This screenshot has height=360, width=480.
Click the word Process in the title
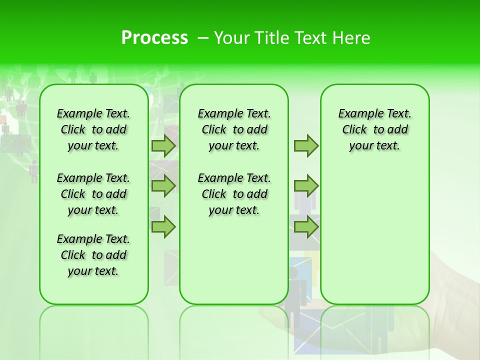[154, 38]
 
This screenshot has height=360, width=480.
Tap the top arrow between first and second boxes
[163, 145]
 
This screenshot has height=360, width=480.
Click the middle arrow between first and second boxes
[163, 186]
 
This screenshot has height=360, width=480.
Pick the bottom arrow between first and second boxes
[163, 227]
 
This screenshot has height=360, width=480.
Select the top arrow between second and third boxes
[305, 145]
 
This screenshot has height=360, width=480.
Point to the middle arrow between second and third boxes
[305, 186]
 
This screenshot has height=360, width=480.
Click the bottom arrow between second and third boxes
[305, 227]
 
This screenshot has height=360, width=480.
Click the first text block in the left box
[93, 129]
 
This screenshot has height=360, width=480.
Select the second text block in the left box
[93, 194]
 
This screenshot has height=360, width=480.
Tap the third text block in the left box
[93, 255]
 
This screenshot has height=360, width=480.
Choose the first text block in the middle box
[234, 129]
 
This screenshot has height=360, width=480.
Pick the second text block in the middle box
[234, 194]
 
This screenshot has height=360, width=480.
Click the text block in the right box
[374, 129]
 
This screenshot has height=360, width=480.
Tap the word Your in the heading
[232, 38]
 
